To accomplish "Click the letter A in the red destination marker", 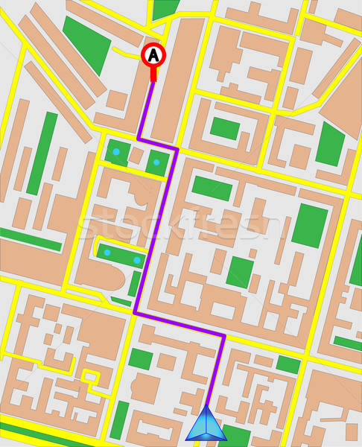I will (153, 54).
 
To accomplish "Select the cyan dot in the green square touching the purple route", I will (156, 162).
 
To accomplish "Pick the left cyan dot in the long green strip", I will (107, 253).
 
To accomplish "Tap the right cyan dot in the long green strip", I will (137, 260).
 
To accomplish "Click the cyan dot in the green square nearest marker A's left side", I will (116, 152).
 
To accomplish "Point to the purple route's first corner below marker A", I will (139, 138).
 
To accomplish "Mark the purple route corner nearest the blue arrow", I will (223, 336).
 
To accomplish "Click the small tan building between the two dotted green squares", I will (136, 156).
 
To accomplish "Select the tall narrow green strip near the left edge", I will (46, 152).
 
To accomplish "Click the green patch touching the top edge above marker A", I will (165, 9).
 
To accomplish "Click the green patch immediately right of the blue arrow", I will (237, 435).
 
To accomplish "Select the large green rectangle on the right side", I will (309, 225).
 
